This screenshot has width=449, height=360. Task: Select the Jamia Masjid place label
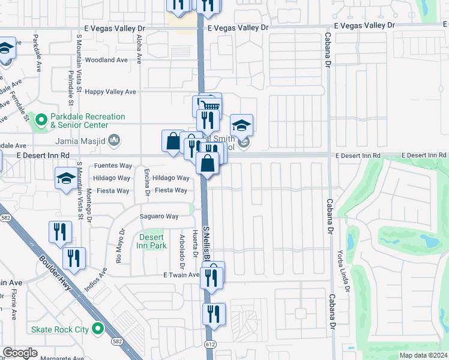[x=80, y=141]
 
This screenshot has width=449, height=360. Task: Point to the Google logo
[x=20, y=353]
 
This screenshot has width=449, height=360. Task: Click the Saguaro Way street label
[x=160, y=217]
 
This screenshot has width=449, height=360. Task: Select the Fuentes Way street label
[x=112, y=166]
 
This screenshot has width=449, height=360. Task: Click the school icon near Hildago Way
[x=66, y=178]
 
